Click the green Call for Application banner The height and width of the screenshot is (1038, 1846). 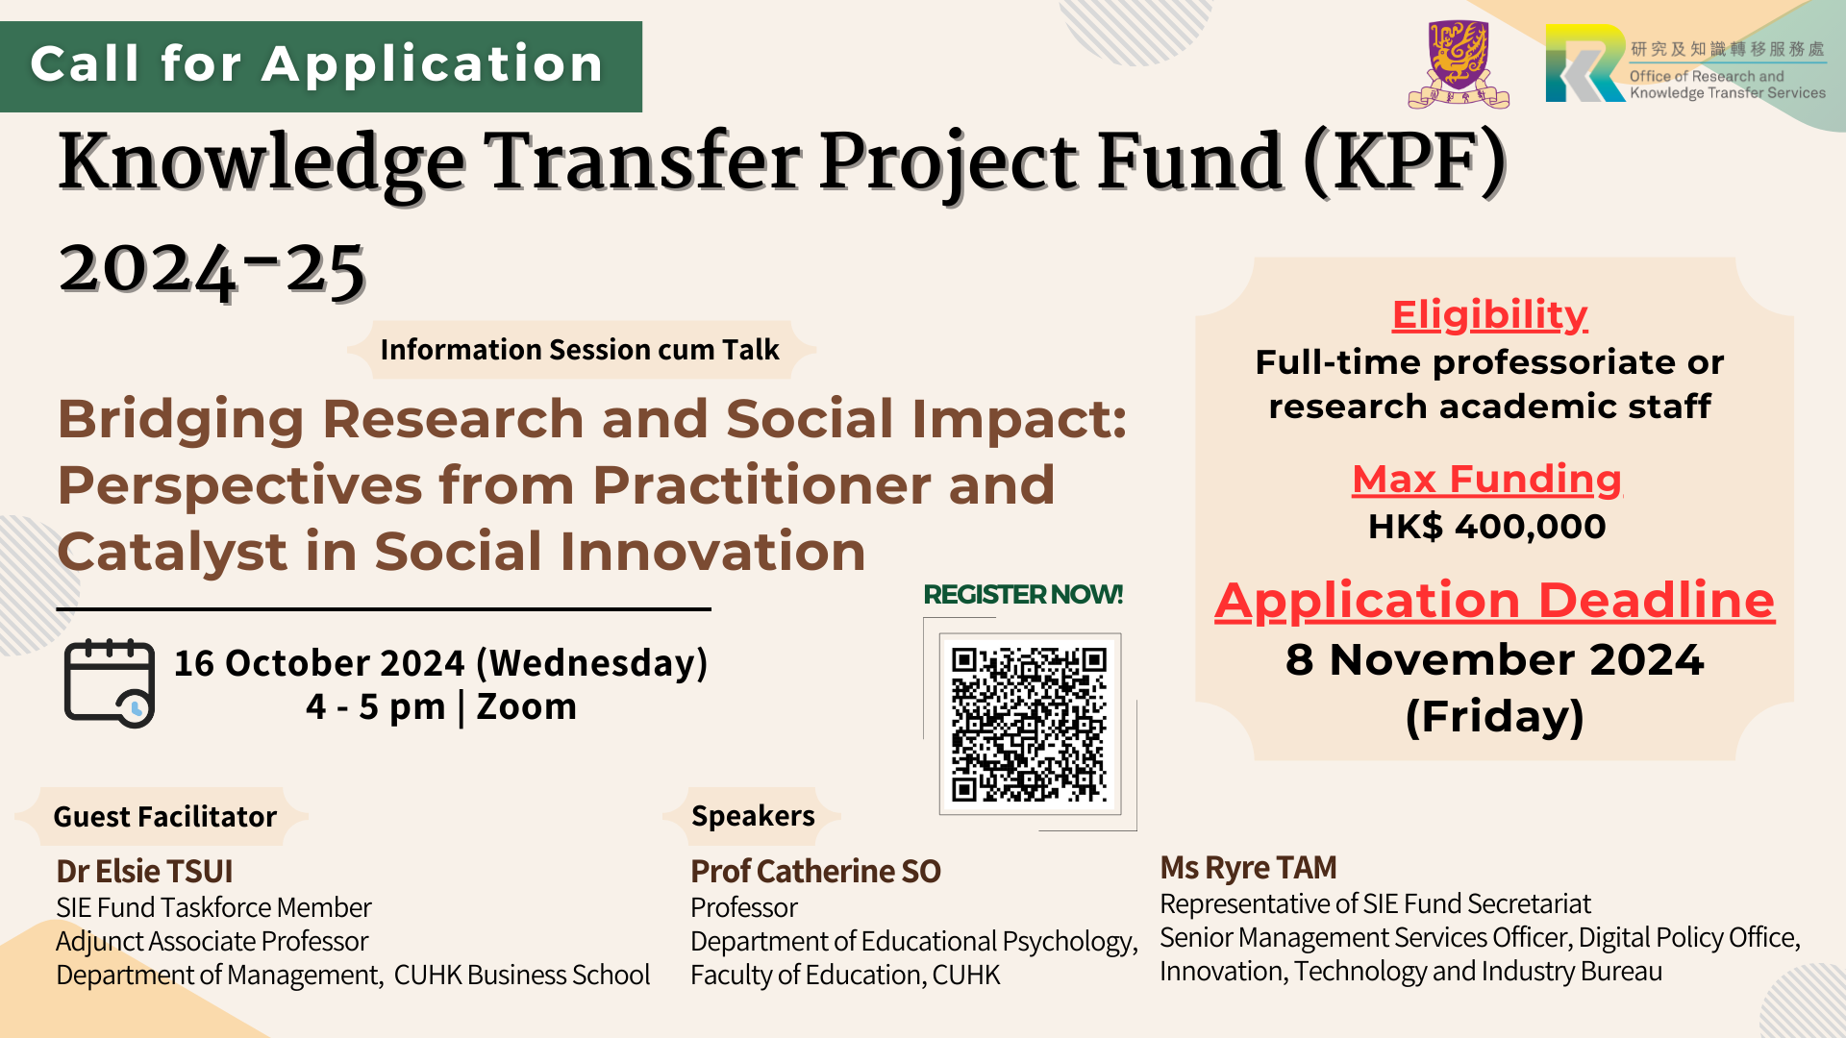[x=321, y=66]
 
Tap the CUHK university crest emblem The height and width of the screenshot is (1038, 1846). [x=1459, y=64]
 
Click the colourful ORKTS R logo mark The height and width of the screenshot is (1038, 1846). [x=1585, y=63]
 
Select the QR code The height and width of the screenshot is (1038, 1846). [x=1029, y=725]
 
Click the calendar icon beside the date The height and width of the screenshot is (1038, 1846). [x=110, y=683]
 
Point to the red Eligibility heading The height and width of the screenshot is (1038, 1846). [x=1489, y=315]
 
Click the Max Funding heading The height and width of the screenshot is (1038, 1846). [x=1487, y=479]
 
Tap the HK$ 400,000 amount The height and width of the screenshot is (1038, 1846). [x=1487, y=527]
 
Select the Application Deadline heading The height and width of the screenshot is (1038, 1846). [x=1495, y=601]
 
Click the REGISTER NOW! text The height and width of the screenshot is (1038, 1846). [x=1023, y=594]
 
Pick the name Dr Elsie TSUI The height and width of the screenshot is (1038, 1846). [x=144, y=871]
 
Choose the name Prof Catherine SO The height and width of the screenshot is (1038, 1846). [x=815, y=871]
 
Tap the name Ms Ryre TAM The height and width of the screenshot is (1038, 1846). [x=1248, y=868]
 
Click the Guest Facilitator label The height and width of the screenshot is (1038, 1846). [x=164, y=817]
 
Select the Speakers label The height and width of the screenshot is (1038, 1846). [x=753, y=816]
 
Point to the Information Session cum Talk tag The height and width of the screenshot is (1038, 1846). [x=580, y=350]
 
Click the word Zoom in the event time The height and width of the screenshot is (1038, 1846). [x=527, y=706]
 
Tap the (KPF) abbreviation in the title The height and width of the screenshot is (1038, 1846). [x=1405, y=163]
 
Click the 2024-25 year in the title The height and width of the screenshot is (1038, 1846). [x=212, y=269]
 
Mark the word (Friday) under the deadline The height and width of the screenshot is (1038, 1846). [x=1495, y=717]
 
